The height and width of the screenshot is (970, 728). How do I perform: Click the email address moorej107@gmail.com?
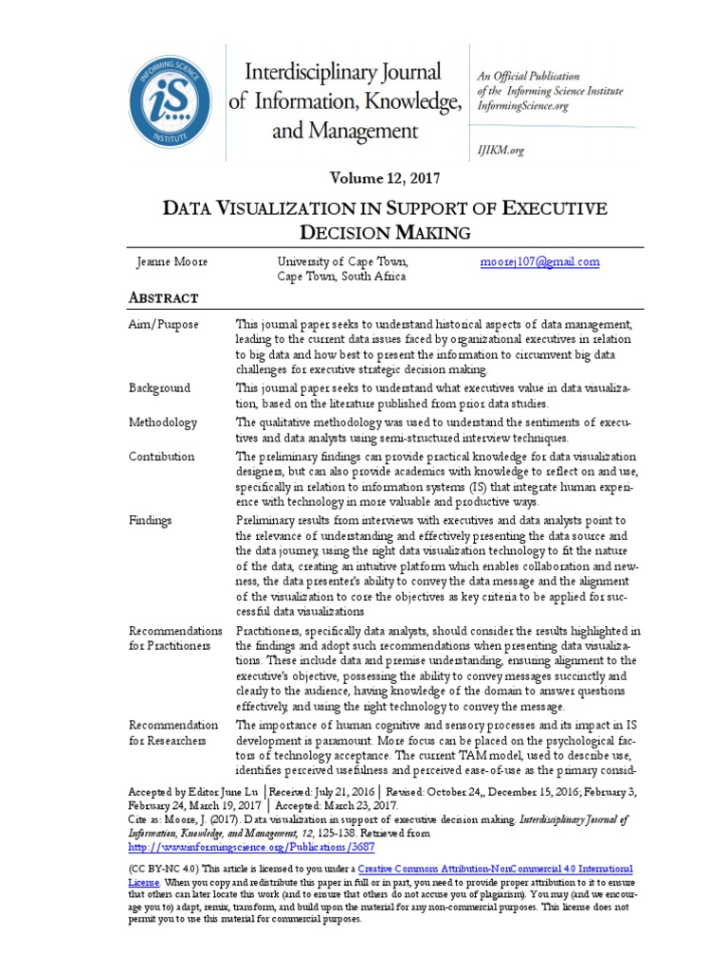[540, 262]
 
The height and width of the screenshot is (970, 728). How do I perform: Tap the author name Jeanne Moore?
[172, 262]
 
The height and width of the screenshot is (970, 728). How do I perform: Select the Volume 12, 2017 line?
[384, 178]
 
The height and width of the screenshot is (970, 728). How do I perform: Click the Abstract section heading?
[163, 297]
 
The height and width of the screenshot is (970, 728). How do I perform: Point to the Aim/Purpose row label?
[163, 325]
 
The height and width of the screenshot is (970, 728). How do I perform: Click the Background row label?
[159, 388]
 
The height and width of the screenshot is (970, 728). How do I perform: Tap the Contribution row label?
[161, 457]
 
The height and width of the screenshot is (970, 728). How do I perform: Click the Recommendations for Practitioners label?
[175, 638]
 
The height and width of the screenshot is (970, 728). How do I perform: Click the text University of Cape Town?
[342, 262]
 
